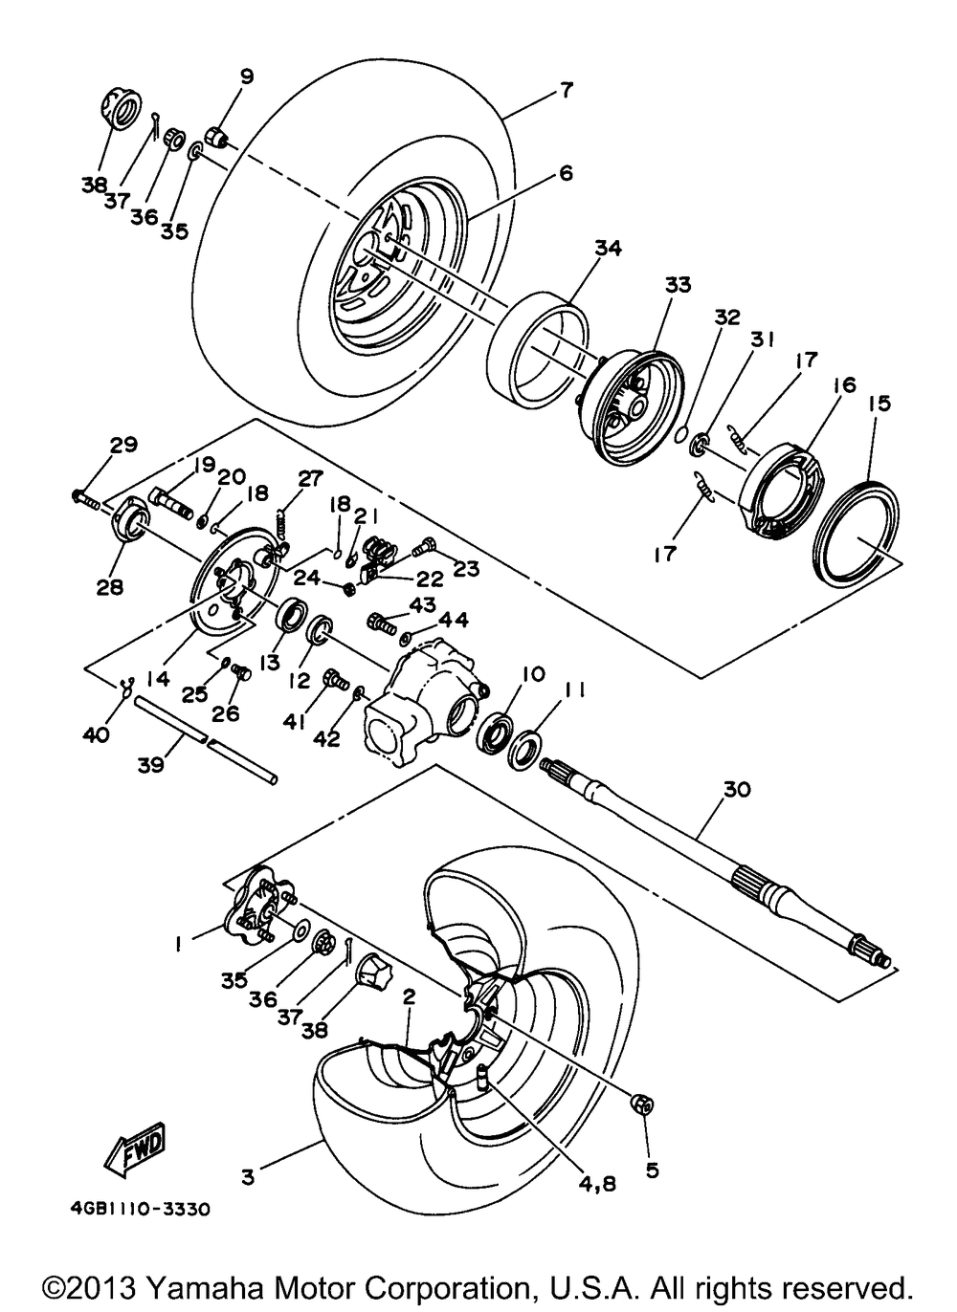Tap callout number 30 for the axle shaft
pos(737,790)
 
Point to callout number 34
pos(607,249)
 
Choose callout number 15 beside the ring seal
pos(880,404)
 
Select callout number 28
pos(110,586)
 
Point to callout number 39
pos(150,764)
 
